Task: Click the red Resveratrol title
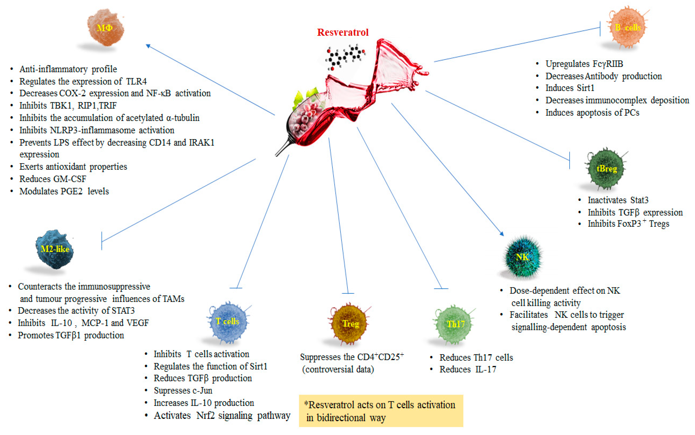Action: [342, 32]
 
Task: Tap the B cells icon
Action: [628, 28]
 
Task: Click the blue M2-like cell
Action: [55, 249]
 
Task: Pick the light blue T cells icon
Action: [227, 321]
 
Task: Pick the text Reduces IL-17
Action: [468, 370]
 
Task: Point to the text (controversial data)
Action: [338, 370]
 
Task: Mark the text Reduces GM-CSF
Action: [53, 179]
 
